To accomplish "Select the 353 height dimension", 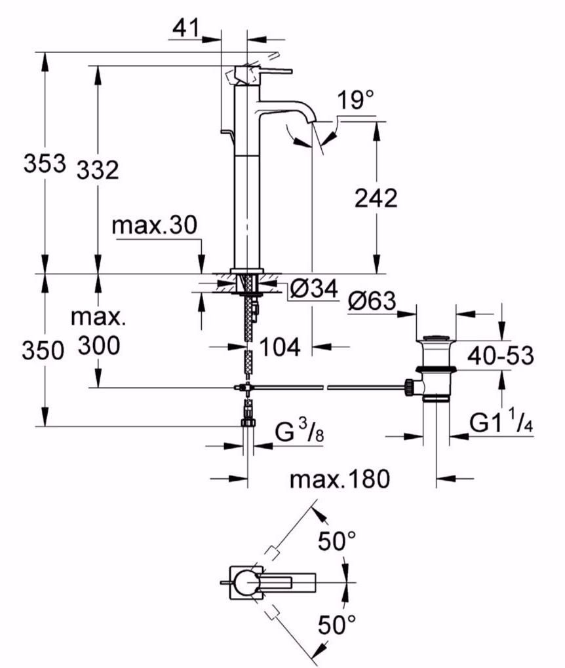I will [x=44, y=163].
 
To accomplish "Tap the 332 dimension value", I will [x=98, y=170].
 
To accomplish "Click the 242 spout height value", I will [x=375, y=197].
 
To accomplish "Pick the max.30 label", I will [x=153, y=226].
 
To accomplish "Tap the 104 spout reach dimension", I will [x=280, y=347].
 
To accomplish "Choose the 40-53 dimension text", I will [x=500, y=357].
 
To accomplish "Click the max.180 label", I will [x=340, y=479].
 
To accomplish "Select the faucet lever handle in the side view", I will [x=265, y=70].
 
